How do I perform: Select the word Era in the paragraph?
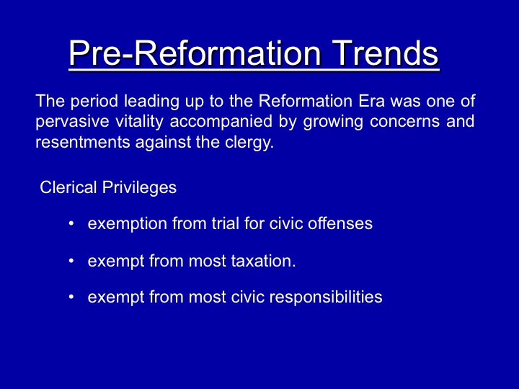tap(372, 101)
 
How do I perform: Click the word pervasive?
tap(72, 122)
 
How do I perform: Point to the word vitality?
tap(139, 122)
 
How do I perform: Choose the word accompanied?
tap(221, 122)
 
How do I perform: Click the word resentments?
tap(82, 142)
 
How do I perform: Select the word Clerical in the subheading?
tap(68, 187)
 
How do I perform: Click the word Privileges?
tap(139, 188)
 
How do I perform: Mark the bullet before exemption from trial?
tap(71, 223)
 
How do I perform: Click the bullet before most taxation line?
tap(71, 261)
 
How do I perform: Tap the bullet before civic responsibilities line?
tap(71, 297)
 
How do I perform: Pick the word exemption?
tap(128, 224)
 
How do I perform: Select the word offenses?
tap(340, 223)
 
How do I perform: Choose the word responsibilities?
tap(326, 298)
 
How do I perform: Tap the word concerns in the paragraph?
tap(405, 122)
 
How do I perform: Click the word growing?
tap(333, 122)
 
